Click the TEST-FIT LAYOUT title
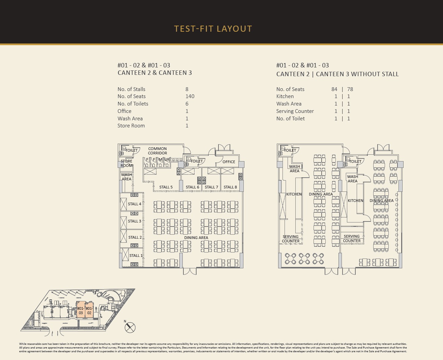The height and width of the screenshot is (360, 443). click(x=213, y=29)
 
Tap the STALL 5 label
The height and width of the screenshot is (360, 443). click(x=166, y=187)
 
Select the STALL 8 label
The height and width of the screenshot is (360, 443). click(x=230, y=187)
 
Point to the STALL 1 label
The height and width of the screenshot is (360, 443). click(x=136, y=256)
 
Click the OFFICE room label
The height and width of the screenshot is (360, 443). click(x=229, y=161)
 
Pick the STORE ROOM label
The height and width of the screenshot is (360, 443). click(x=126, y=163)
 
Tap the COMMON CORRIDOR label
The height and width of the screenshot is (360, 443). click(x=157, y=151)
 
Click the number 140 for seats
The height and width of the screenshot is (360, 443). click(x=190, y=96)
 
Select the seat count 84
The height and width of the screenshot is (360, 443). click(x=334, y=89)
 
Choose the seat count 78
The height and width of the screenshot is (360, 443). click(x=350, y=89)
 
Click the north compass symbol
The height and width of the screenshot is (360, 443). click(x=130, y=328)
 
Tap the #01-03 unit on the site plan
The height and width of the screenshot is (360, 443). click(x=81, y=310)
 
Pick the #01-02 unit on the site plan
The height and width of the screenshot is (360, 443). click(x=89, y=310)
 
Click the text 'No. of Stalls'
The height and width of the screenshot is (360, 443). click(x=131, y=89)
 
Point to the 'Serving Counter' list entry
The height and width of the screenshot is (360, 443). click(x=295, y=111)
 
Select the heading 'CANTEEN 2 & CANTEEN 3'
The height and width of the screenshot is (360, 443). click(x=155, y=73)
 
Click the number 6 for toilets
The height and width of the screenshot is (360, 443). click(x=187, y=103)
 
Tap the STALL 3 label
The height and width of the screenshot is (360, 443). click(x=135, y=221)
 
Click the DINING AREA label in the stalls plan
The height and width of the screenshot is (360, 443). click(x=196, y=238)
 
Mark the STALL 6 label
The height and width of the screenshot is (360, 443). click(x=193, y=187)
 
